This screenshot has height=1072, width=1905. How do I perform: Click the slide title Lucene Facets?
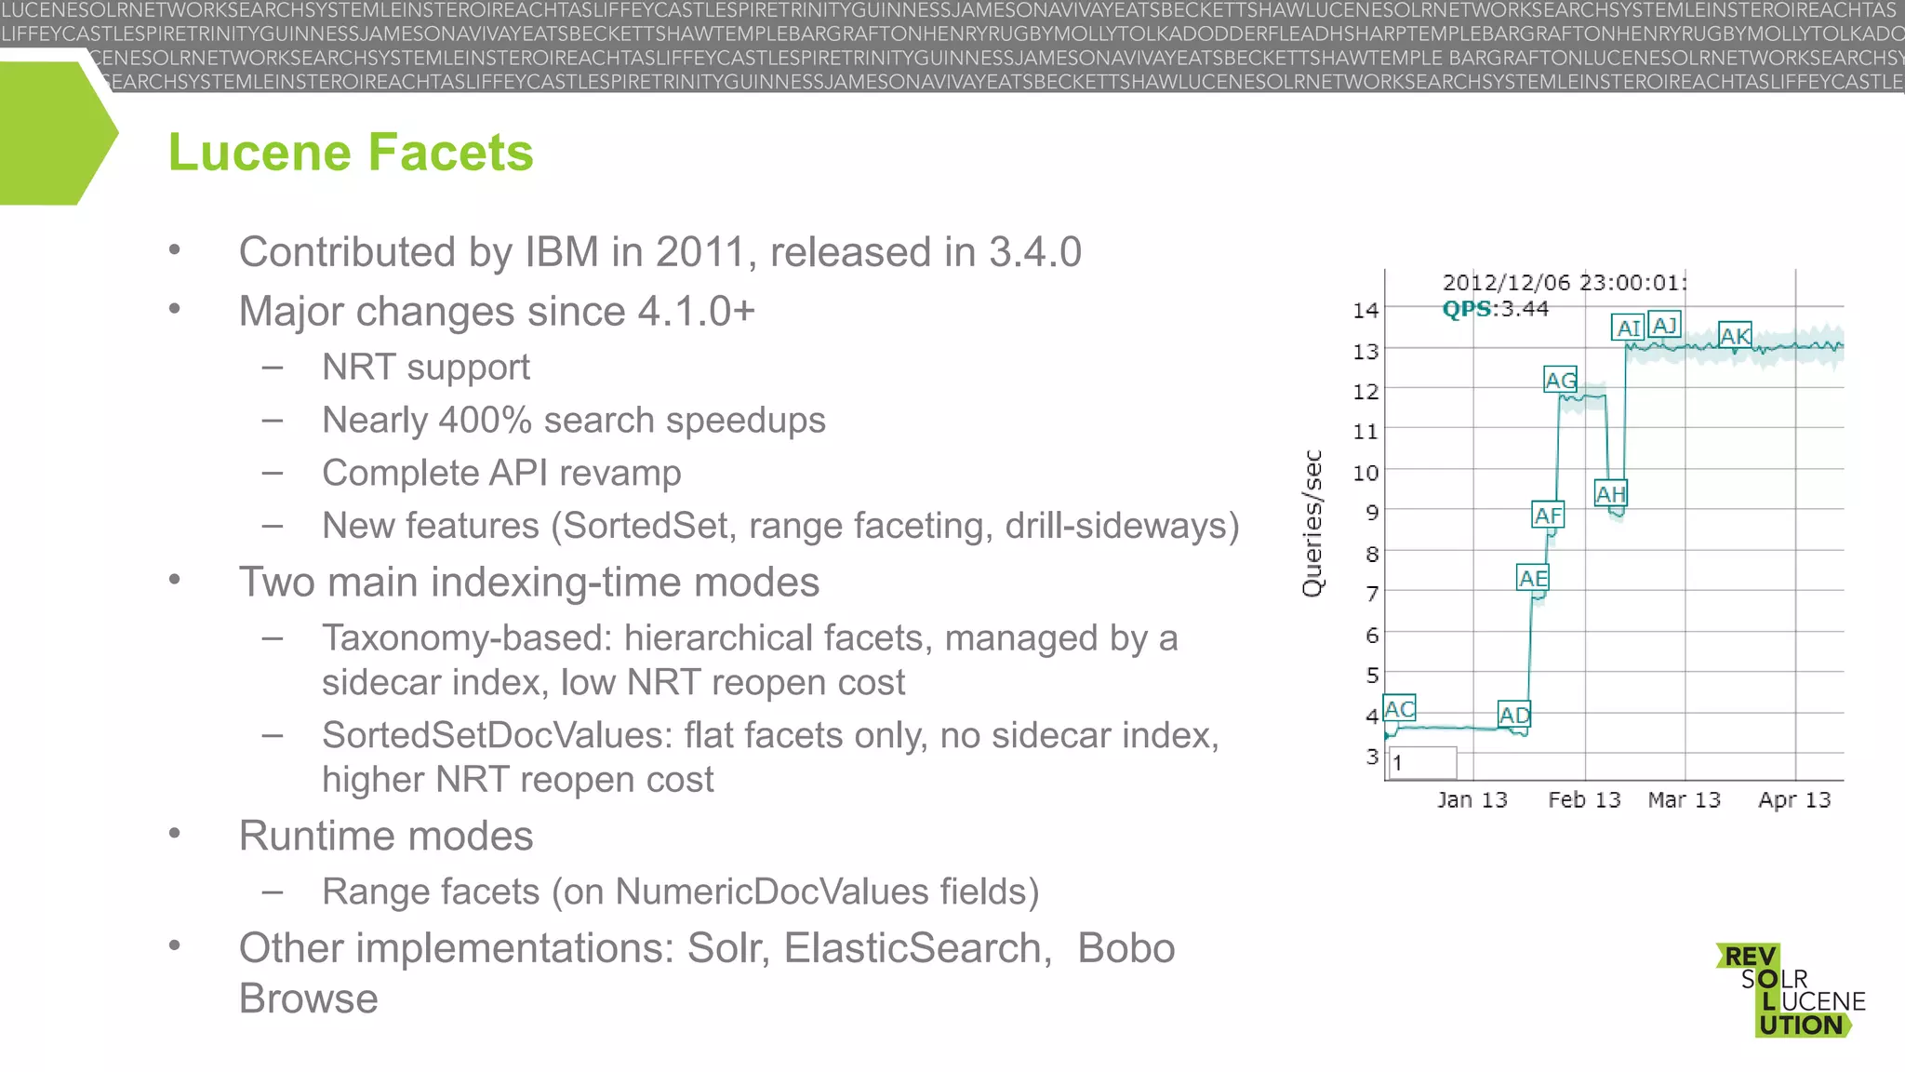(x=351, y=153)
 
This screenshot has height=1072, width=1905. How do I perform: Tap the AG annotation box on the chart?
(x=1560, y=380)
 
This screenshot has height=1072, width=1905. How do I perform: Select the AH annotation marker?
(x=1610, y=493)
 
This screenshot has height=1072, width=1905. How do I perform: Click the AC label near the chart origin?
(x=1399, y=709)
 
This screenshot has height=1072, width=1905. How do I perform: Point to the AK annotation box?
(x=1735, y=335)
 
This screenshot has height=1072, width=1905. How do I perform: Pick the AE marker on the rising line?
(x=1532, y=578)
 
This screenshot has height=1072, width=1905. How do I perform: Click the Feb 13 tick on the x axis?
(x=1583, y=799)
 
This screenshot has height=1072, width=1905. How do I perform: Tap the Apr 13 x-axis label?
(x=1793, y=799)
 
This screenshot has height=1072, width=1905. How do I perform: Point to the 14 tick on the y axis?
(x=1365, y=310)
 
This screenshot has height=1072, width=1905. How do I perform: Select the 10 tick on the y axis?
(x=1365, y=473)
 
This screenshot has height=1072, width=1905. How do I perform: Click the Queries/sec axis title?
(x=1312, y=523)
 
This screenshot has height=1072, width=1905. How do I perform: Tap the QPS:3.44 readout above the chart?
(x=1495, y=309)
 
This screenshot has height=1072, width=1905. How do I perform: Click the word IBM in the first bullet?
(x=562, y=252)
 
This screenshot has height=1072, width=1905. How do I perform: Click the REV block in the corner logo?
(x=1749, y=957)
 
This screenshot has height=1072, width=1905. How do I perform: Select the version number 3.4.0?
(x=1034, y=252)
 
